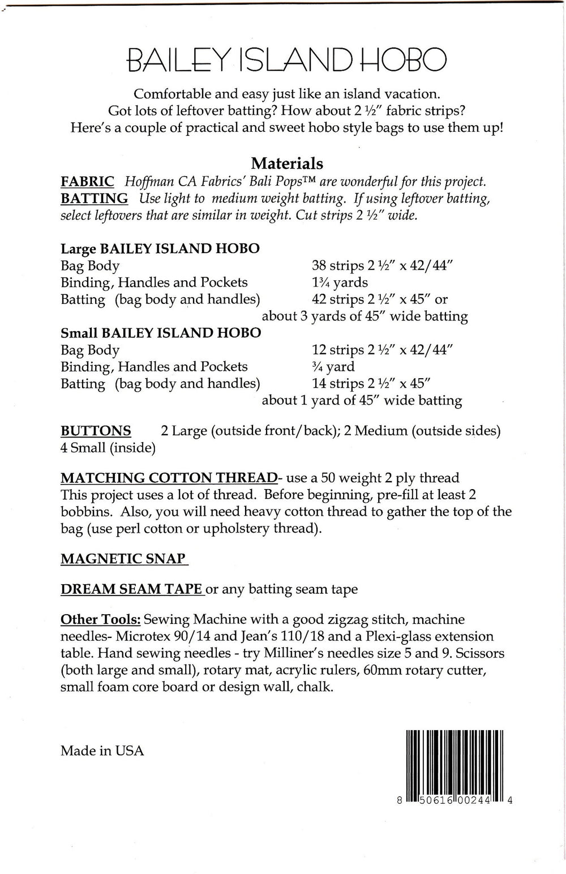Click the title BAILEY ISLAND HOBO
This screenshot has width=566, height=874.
click(287, 59)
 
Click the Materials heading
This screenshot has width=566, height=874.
click(287, 164)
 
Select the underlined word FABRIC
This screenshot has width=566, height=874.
click(87, 182)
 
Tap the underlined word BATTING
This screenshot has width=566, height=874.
click(94, 199)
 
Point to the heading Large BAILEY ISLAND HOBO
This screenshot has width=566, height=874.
click(160, 249)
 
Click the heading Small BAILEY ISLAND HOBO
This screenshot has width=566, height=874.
click(161, 333)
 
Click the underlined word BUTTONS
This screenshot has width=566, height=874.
click(96, 431)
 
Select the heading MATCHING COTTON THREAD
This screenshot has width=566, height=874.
click(168, 478)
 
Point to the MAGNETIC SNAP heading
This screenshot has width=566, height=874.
click(123, 559)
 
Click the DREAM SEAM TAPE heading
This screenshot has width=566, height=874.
click(131, 589)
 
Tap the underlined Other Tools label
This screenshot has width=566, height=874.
click(101, 619)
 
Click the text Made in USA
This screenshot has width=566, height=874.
click(102, 751)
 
